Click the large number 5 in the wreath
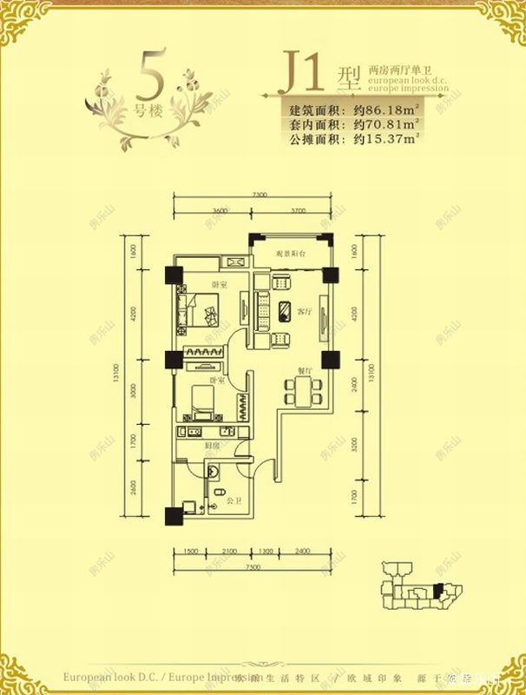[x=152, y=76]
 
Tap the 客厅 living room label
[x=304, y=310]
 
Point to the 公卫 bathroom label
[x=232, y=501]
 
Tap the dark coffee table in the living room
[x=286, y=308]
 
